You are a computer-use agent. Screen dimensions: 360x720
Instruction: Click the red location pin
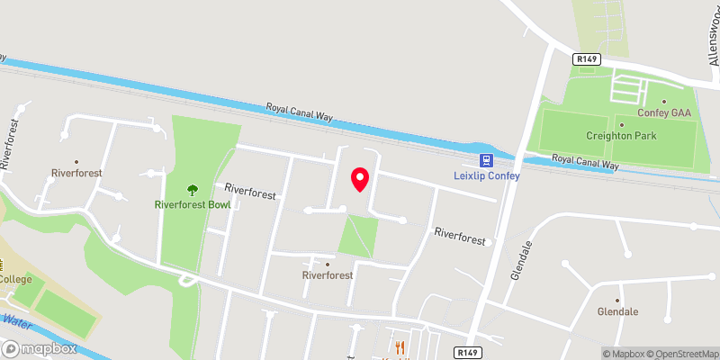click(x=360, y=179)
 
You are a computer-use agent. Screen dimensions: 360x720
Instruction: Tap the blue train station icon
click(x=486, y=161)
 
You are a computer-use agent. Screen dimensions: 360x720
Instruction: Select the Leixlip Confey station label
click(x=486, y=175)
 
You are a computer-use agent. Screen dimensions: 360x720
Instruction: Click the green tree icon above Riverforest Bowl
click(x=192, y=190)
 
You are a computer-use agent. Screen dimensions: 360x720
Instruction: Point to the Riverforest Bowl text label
click(x=192, y=204)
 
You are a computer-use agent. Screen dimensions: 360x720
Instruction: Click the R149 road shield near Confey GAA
click(x=587, y=58)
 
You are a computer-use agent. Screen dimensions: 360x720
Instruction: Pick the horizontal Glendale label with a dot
click(x=617, y=311)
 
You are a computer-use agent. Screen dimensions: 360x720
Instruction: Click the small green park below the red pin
click(x=357, y=237)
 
